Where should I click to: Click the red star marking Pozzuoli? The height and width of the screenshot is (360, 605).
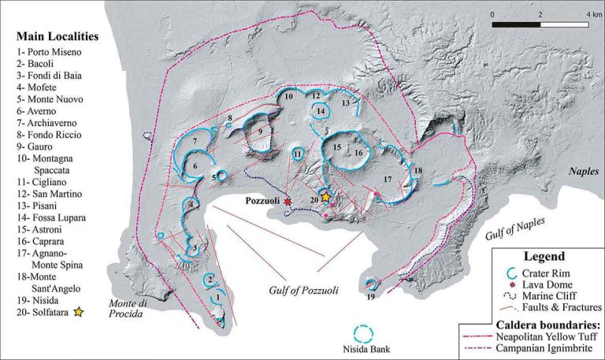[x=288, y=202]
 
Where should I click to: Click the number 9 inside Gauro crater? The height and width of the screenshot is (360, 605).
[x=259, y=131]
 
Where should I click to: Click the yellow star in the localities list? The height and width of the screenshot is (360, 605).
[x=78, y=313]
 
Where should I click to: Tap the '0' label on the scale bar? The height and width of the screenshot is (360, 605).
[x=492, y=15]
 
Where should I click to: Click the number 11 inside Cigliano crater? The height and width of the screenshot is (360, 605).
[x=298, y=154]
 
